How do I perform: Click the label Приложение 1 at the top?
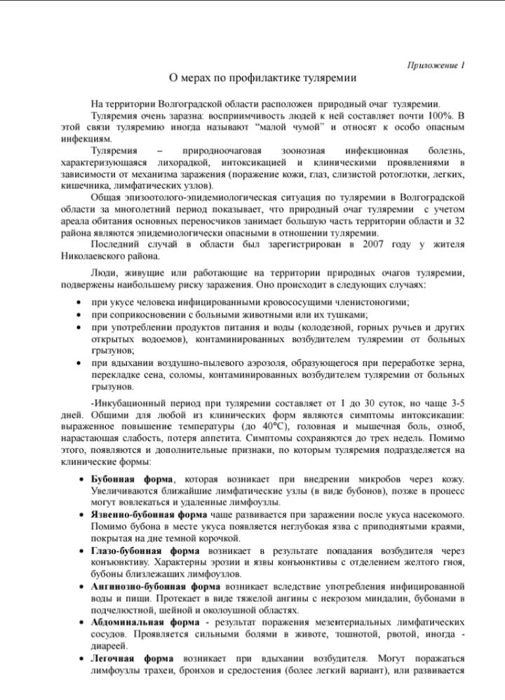point(436,65)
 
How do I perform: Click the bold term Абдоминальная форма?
point(144,621)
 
